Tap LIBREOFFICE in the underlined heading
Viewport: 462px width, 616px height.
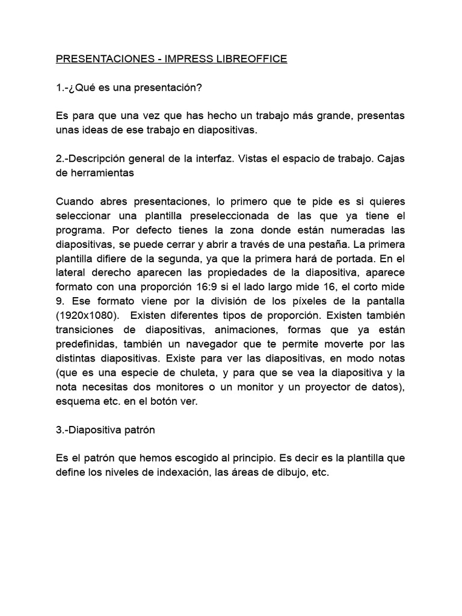(x=253, y=59)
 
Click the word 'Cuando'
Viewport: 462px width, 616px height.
(x=75, y=202)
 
